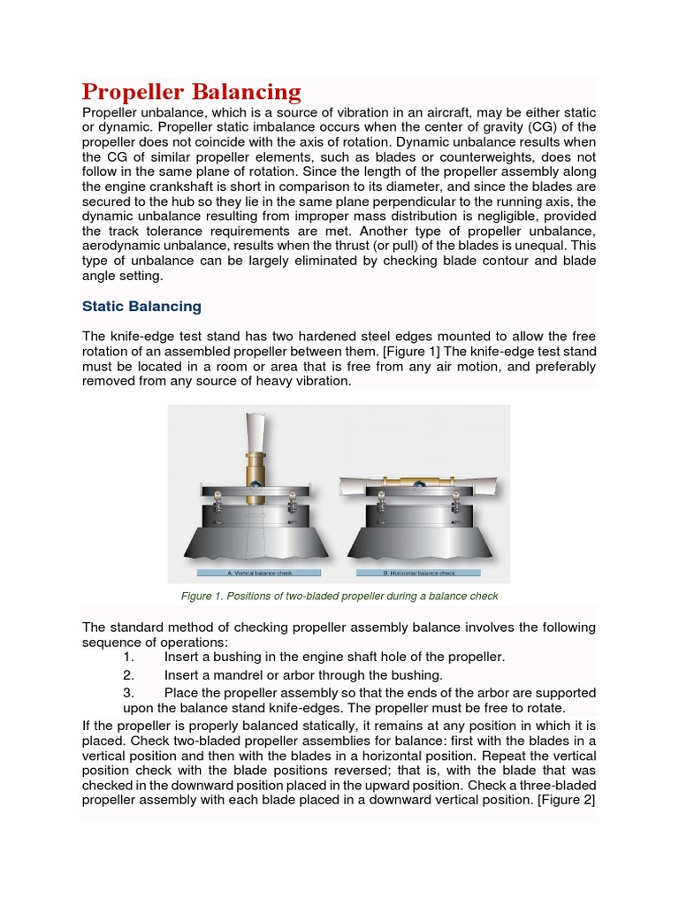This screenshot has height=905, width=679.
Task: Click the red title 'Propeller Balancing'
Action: [192, 92]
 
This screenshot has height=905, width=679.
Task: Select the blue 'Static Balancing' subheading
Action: [141, 307]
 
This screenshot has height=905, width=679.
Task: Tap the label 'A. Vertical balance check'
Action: [255, 574]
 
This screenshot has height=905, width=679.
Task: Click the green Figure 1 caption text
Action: [339, 597]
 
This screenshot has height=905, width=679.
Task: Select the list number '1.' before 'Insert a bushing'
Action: [129, 658]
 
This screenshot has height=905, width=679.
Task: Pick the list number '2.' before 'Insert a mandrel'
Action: [129, 675]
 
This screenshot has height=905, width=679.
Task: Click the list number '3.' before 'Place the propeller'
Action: [129, 693]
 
